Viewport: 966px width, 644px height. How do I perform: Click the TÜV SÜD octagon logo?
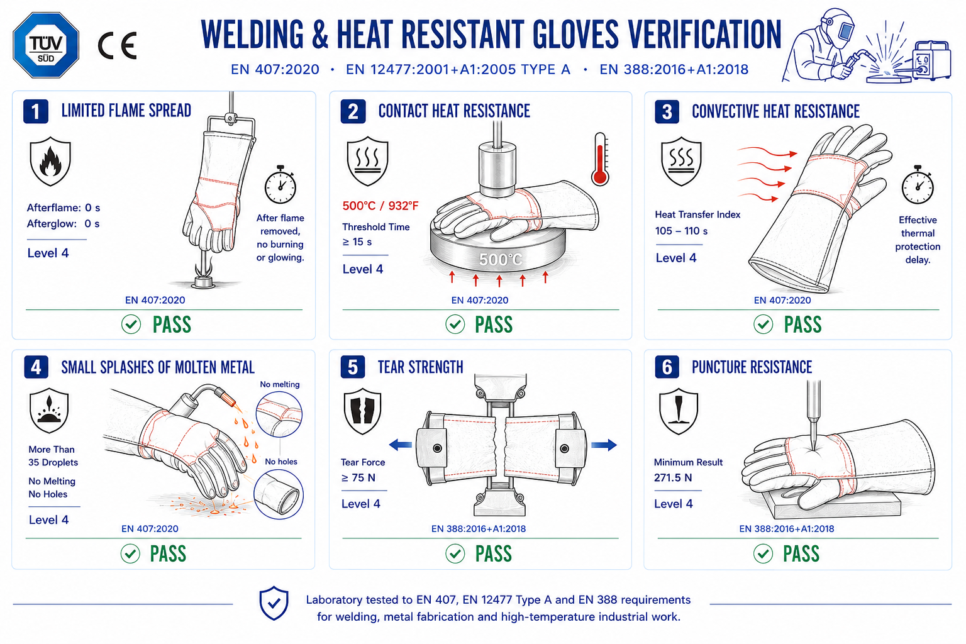point(46,45)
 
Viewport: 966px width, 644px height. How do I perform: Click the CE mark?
point(118,45)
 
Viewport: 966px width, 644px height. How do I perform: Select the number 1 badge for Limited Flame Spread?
point(36,111)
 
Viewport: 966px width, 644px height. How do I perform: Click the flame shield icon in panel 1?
point(50,162)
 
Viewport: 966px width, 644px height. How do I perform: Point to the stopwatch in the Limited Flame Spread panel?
point(280,184)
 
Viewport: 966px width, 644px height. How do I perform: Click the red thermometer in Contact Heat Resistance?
point(601,159)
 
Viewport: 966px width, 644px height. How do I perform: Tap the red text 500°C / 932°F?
point(380,206)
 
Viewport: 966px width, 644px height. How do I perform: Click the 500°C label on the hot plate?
point(500,259)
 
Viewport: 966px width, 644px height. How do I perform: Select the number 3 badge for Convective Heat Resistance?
point(667,112)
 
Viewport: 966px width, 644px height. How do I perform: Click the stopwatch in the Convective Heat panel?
point(918,185)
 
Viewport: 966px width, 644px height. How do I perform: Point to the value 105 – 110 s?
point(681,231)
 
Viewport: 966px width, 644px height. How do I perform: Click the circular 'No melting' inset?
point(279,414)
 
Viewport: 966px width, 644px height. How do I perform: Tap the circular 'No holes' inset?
point(279,494)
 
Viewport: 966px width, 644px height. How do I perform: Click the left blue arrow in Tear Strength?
point(400,445)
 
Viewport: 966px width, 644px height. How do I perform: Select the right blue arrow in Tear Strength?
point(604,445)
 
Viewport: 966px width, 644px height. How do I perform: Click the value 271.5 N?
point(673,478)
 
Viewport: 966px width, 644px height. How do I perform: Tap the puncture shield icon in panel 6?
point(679,411)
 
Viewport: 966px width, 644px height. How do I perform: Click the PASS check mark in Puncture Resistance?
point(763,554)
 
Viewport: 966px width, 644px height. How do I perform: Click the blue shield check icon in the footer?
point(274,603)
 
